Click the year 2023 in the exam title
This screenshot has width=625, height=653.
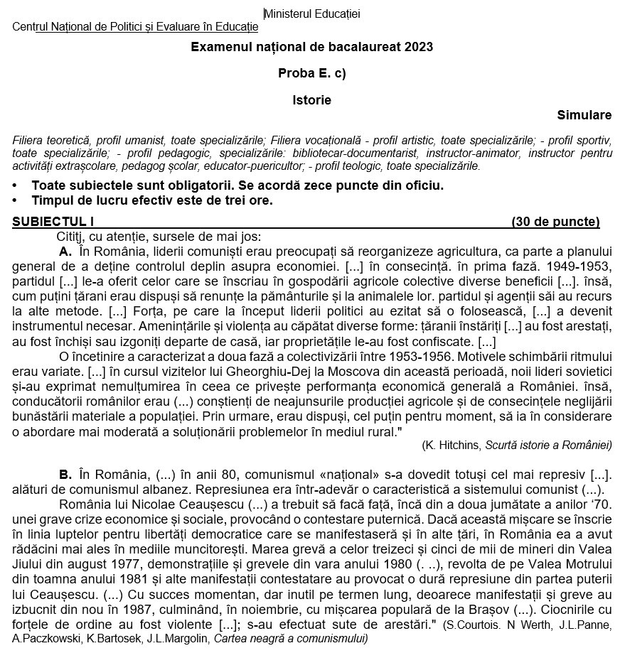point(419,47)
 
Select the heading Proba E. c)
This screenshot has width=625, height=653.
point(311,73)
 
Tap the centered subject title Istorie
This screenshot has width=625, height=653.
point(311,100)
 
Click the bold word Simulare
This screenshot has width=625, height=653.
point(584,115)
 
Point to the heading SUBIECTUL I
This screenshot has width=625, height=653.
point(53,222)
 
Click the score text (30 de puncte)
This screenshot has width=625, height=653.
point(555,222)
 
